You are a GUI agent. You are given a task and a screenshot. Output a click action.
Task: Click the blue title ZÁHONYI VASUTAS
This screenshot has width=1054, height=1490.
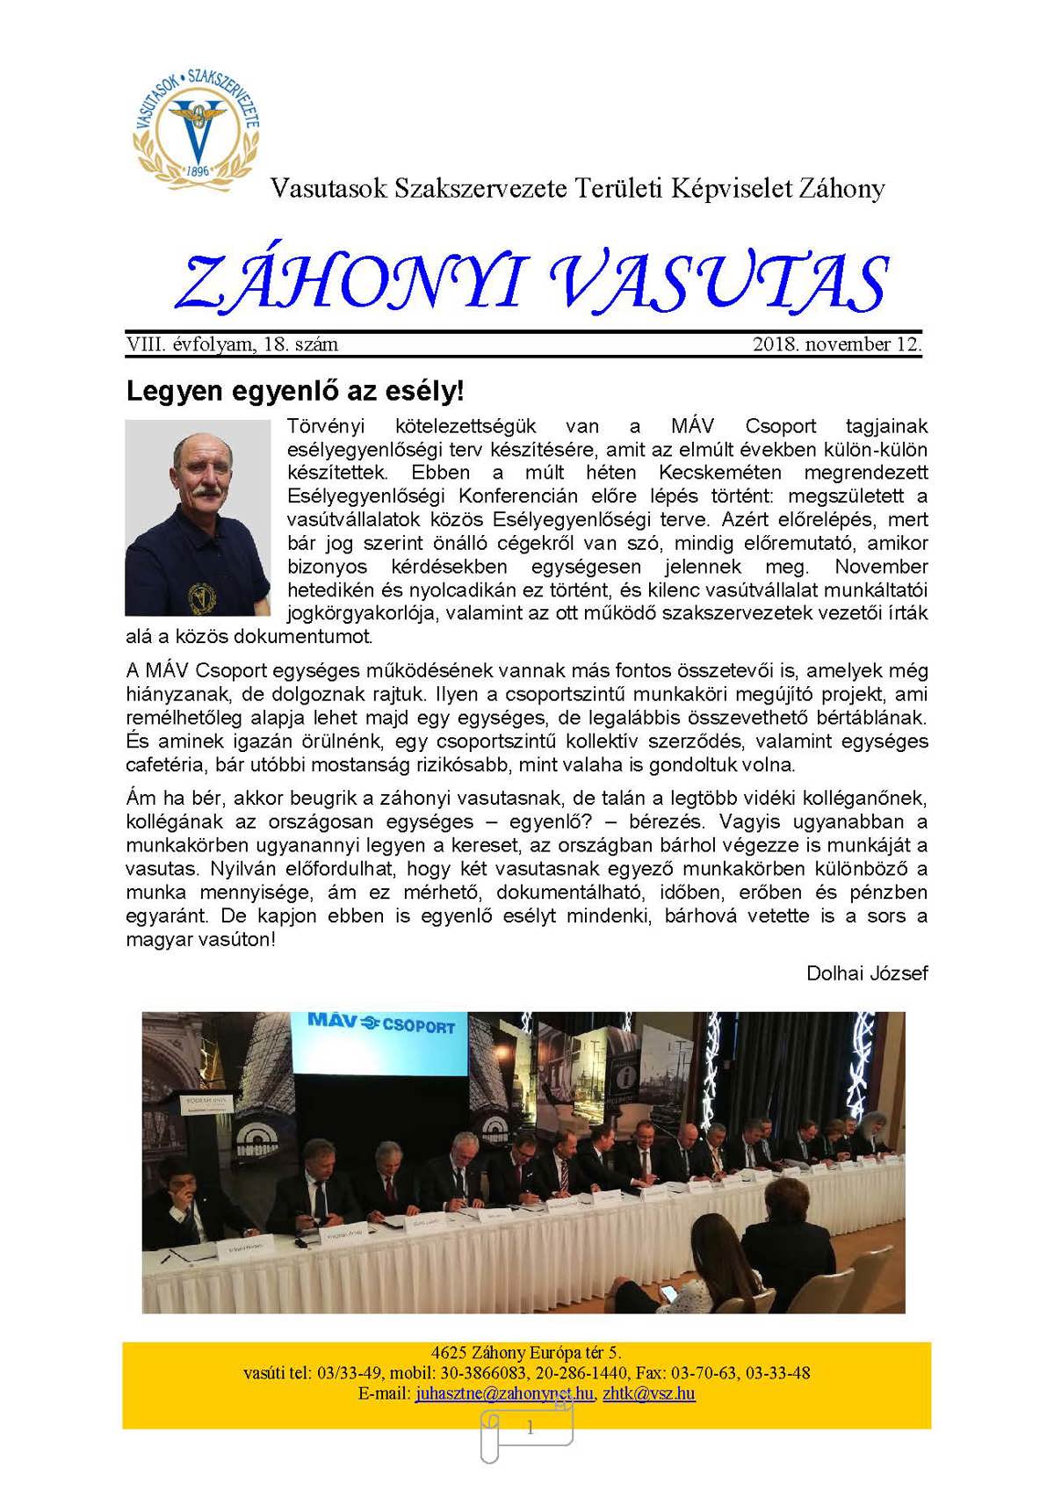(531, 281)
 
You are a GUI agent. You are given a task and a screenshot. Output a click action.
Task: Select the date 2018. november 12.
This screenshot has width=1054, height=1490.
(836, 344)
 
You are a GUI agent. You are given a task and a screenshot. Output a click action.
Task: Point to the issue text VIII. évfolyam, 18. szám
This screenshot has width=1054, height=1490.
(232, 344)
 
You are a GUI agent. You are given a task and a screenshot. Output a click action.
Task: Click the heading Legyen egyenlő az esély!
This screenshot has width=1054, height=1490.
(294, 391)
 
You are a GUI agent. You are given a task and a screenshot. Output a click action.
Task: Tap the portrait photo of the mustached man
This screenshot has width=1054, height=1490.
(198, 517)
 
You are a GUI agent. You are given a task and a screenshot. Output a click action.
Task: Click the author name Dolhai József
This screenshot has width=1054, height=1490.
(866, 973)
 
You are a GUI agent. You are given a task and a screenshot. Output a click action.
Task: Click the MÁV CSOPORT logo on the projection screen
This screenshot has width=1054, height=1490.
(381, 1023)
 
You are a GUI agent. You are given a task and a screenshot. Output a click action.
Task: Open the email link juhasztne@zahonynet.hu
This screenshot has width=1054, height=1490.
(504, 1393)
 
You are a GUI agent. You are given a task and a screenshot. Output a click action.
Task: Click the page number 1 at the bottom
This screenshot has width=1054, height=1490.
(530, 1429)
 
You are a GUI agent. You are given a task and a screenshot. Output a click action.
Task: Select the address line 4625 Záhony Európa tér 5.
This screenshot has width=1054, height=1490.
(526, 1353)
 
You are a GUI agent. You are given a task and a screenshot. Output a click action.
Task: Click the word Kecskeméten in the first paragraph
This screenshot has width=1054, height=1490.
(720, 473)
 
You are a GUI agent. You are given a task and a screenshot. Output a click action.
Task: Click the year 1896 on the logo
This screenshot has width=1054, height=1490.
(199, 170)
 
